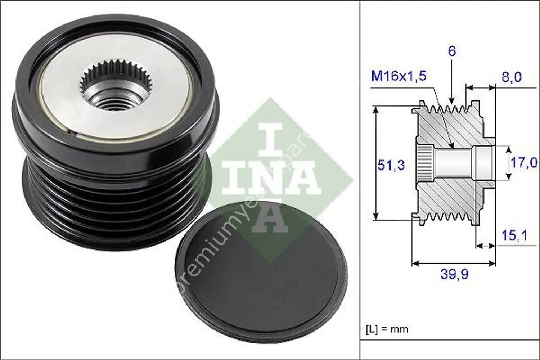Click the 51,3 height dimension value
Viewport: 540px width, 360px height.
391,165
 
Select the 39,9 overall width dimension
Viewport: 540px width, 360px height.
454,274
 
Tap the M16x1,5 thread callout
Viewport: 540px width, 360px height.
399,76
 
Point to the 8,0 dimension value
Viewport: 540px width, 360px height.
511,77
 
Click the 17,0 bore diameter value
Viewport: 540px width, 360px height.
524,163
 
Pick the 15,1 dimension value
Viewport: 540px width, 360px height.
514,236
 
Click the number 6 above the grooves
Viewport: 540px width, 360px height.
451,51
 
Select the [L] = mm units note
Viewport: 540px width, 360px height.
387,329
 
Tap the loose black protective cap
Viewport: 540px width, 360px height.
261,278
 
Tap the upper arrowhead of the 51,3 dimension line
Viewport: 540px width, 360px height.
376,110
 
